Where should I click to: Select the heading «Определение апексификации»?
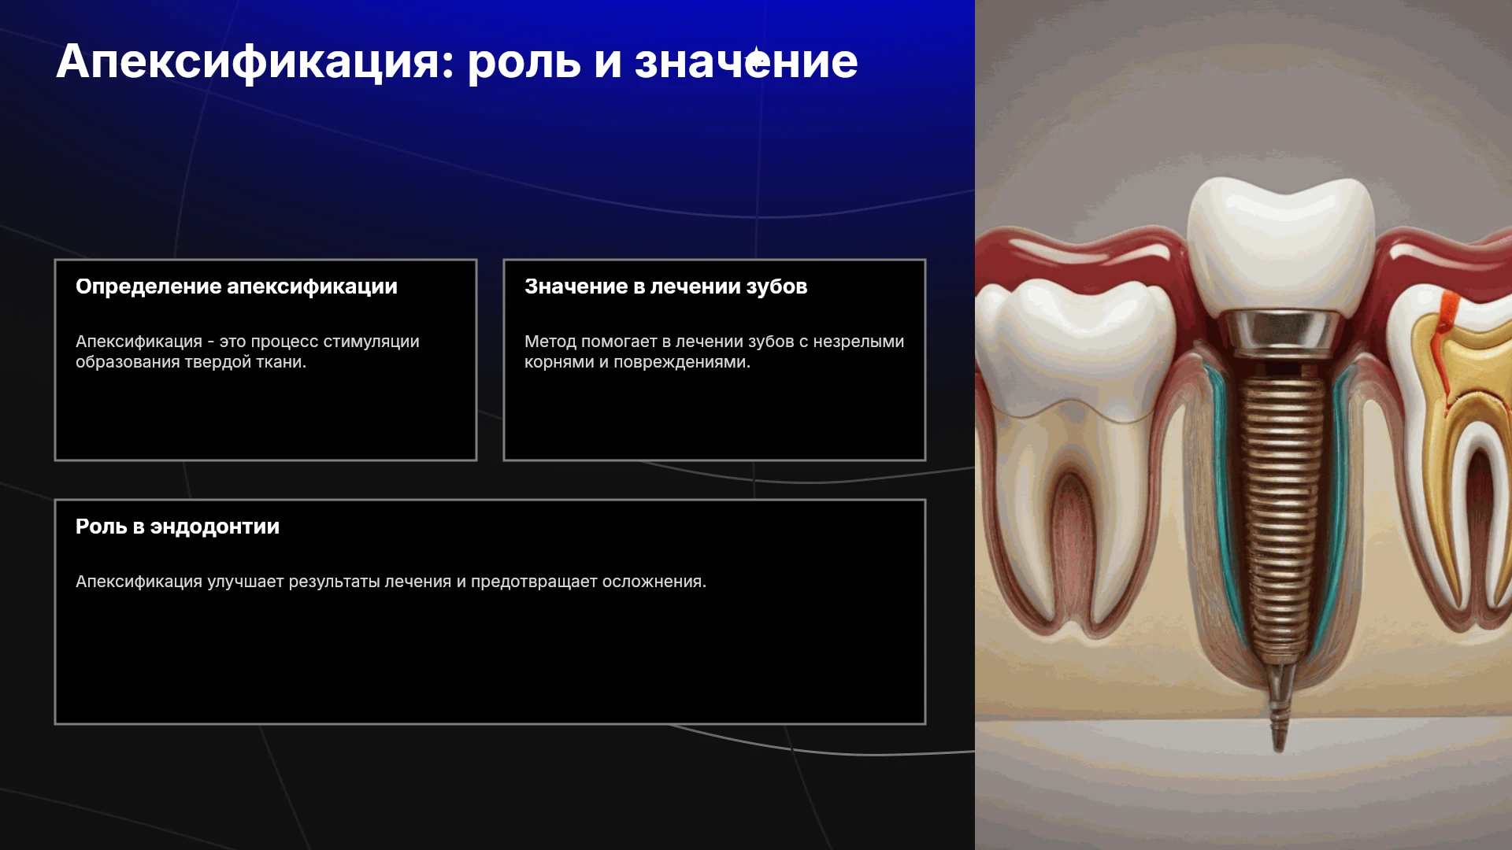[x=236, y=286]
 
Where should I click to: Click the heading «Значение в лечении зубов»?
[x=666, y=286]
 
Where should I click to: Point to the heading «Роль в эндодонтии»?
[x=177, y=527]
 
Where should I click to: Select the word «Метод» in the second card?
[x=550, y=342]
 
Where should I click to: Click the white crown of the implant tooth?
[x=1280, y=244]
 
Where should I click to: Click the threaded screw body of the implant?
[x=1281, y=512]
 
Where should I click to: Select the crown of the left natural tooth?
[x=1071, y=346]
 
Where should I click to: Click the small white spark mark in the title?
[x=758, y=61]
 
